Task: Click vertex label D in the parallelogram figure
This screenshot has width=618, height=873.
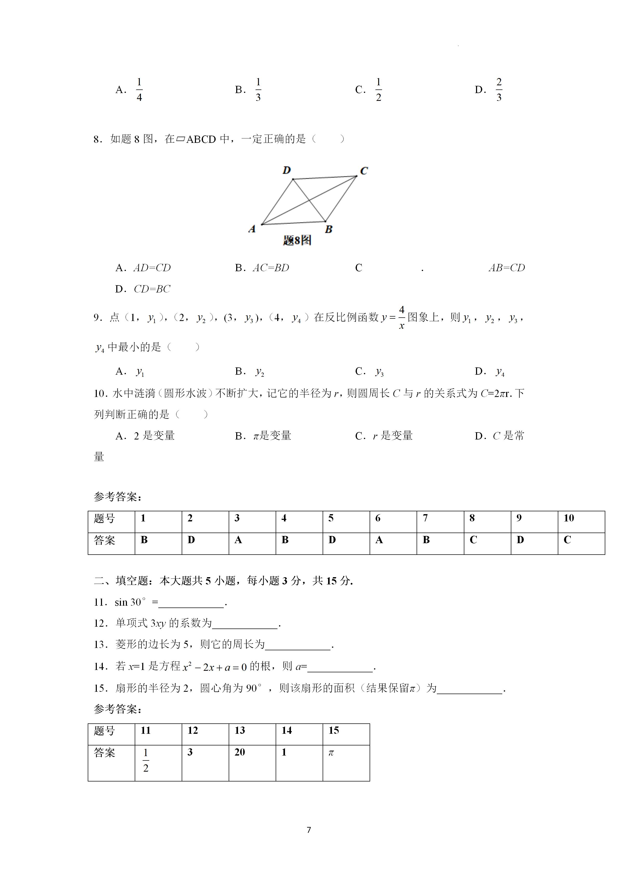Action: tap(287, 170)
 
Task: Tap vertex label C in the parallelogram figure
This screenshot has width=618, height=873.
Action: tap(364, 171)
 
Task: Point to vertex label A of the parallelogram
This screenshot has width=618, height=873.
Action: tap(252, 229)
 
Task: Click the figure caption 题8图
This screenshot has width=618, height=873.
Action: tap(297, 240)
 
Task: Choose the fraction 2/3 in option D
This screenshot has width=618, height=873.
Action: tap(499, 90)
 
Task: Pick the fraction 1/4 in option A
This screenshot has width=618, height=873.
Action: tap(139, 90)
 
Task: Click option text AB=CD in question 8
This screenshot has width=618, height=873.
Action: tap(506, 268)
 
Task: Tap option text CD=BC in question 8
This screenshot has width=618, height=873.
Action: tap(152, 289)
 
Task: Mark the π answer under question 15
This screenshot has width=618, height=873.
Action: tap(331, 752)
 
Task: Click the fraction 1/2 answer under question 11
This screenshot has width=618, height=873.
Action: tap(146, 760)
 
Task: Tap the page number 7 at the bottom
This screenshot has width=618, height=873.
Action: tap(309, 830)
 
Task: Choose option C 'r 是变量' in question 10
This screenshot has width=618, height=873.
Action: tap(392, 436)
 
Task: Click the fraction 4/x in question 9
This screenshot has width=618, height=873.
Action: tap(402, 317)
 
